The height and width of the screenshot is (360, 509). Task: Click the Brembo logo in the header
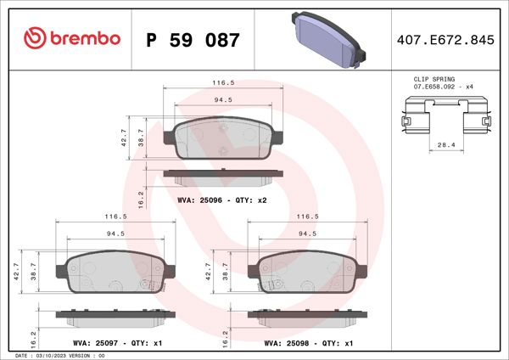[73, 39]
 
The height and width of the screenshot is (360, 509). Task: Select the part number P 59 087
[193, 40]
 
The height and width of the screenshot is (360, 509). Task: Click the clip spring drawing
[446, 118]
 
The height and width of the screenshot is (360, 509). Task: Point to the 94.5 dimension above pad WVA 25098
[307, 233]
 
